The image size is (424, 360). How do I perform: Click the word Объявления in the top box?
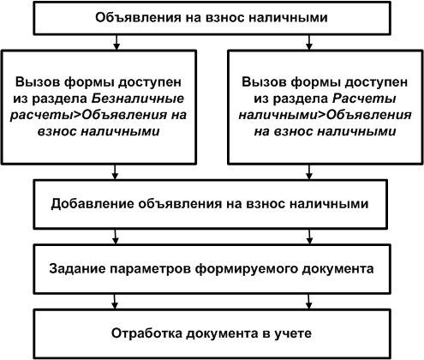pyautogui.click(x=138, y=18)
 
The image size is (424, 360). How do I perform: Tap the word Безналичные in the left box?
pyautogui.click(x=138, y=99)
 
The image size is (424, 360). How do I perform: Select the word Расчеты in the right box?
pyautogui.click(x=364, y=99)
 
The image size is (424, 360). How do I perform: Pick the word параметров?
pyautogui.click(x=150, y=269)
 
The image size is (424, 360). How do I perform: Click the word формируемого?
pyautogui.click(x=247, y=269)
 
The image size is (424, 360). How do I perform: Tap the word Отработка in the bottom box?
pyautogui.click(x=146, y=333)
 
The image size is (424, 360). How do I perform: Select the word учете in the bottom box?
pyautogui.click(x=293, y=333)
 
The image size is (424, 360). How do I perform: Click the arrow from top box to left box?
pyautogui.click(x=116, y=42)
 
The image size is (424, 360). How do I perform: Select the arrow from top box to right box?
pyautogui.click(x=309, y=42)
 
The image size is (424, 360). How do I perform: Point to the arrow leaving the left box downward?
pyautogui.click(x=115, y=172)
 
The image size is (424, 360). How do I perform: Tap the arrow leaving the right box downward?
pyautogui.click(x=309, y=172)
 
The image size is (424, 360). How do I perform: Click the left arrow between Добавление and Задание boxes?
pyautogui.click(x=115, y=237)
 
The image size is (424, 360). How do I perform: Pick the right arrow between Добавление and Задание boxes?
pyautogui.click(x=309, y=237)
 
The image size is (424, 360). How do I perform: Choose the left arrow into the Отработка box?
pyautogui.click(x=115, y=302)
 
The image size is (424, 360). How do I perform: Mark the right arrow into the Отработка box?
pyautogui.click(x=308, y=302)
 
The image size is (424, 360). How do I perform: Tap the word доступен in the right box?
pyautogui.click(x=376, y=83)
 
